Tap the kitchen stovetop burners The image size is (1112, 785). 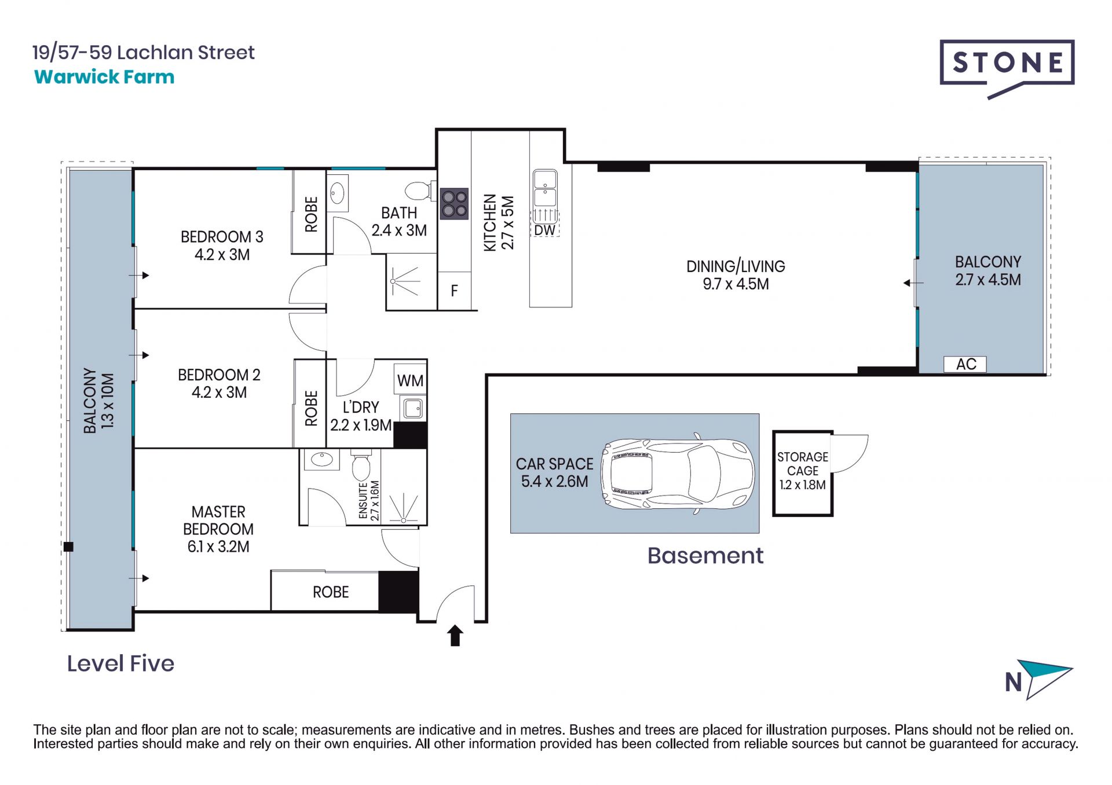(x=454, y=204)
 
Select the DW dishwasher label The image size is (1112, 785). (x=544, y=230)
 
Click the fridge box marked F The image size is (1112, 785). (x=454, y=291)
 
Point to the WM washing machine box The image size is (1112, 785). (x=410, y=380)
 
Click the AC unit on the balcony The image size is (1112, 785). (x=965, y=364)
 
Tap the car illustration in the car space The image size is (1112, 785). (x=678, y=474)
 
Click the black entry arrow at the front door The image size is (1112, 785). (x=455, y=635)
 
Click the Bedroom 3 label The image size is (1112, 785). (x=222, y=245)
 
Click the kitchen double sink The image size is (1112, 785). (x=545, y=188)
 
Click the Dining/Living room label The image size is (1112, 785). (x=736, y=275)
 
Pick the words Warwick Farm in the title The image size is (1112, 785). (x=104, y=77)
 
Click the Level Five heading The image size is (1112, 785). (x=120, y=663)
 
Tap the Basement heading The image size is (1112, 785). (x=705, y=556)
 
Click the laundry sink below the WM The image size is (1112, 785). (x=412, y=408)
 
